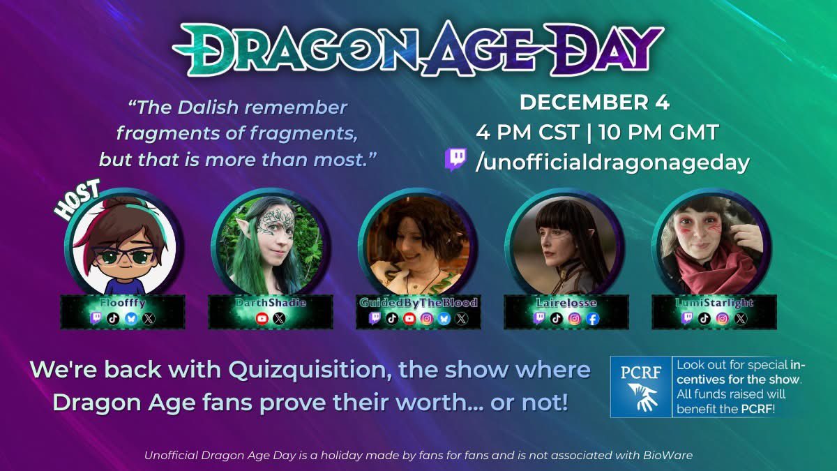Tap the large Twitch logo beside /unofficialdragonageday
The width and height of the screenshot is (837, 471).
(x=456, y=160)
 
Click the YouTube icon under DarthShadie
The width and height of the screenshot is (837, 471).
(x=262, y=318)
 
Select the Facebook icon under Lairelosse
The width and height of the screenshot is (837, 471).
(x=592, y=318)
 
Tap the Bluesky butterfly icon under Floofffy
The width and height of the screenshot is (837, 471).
(x=131, y=318)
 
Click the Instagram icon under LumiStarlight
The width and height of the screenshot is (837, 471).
(x=723, y=318)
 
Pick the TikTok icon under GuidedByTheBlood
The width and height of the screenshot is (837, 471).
(x=392, y=318)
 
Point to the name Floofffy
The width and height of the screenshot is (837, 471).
(x=123, y=303)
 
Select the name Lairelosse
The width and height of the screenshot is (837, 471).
(x=566, y=303)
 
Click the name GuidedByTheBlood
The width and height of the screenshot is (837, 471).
(x=418, y=303)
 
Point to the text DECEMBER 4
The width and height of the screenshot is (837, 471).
(x=594, y=103)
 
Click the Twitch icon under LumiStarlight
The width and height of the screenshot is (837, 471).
(x=688, y=318)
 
